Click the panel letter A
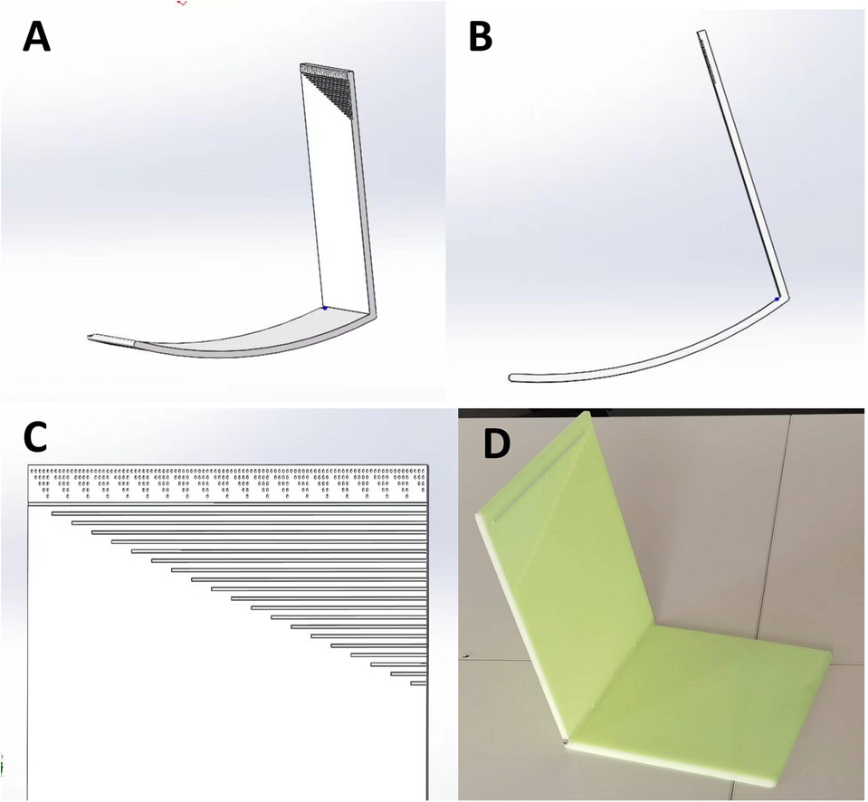tap(36, 38)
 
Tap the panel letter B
tap(481, 38)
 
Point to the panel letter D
tap(497, 443)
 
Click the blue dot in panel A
tap(325, 308)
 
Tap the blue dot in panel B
tap(777, 299)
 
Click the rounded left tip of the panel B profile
tap(512, 378)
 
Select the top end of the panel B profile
tap(701, 32)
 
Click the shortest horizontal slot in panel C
tap(418, 683)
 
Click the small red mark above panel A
tap(182, 3)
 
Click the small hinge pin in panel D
tap(565, 740)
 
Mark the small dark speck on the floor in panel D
tap(467, 656)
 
